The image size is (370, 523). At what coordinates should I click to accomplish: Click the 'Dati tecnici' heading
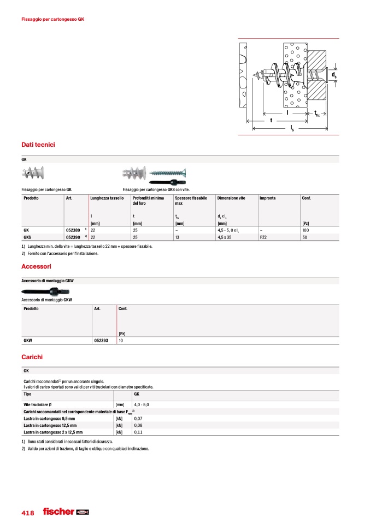[38, 145]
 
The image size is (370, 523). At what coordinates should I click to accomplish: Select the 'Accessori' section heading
[36, 266]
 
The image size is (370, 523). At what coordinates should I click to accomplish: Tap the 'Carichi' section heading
[32, 357]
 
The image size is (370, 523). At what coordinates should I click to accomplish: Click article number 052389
[74, 230]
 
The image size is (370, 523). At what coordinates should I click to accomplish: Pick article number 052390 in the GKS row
[74, 237]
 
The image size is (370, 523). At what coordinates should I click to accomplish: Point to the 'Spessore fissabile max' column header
[191, 200]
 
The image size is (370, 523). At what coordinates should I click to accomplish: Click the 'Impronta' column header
[267, 198]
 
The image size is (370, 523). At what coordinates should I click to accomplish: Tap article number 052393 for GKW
[101, 340]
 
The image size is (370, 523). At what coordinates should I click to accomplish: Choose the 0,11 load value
[138, 431]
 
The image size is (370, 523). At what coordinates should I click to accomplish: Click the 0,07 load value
[138, 418]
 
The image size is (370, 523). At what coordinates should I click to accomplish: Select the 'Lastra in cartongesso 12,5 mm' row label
[49, 425]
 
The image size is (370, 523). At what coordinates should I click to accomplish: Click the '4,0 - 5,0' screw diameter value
[142, 404]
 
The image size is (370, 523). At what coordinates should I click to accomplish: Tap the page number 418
[28, 513]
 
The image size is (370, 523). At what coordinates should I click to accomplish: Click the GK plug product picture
[34, 174]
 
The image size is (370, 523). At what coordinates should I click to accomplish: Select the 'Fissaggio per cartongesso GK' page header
[52, 19]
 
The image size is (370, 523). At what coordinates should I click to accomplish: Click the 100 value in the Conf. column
[305, 230]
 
